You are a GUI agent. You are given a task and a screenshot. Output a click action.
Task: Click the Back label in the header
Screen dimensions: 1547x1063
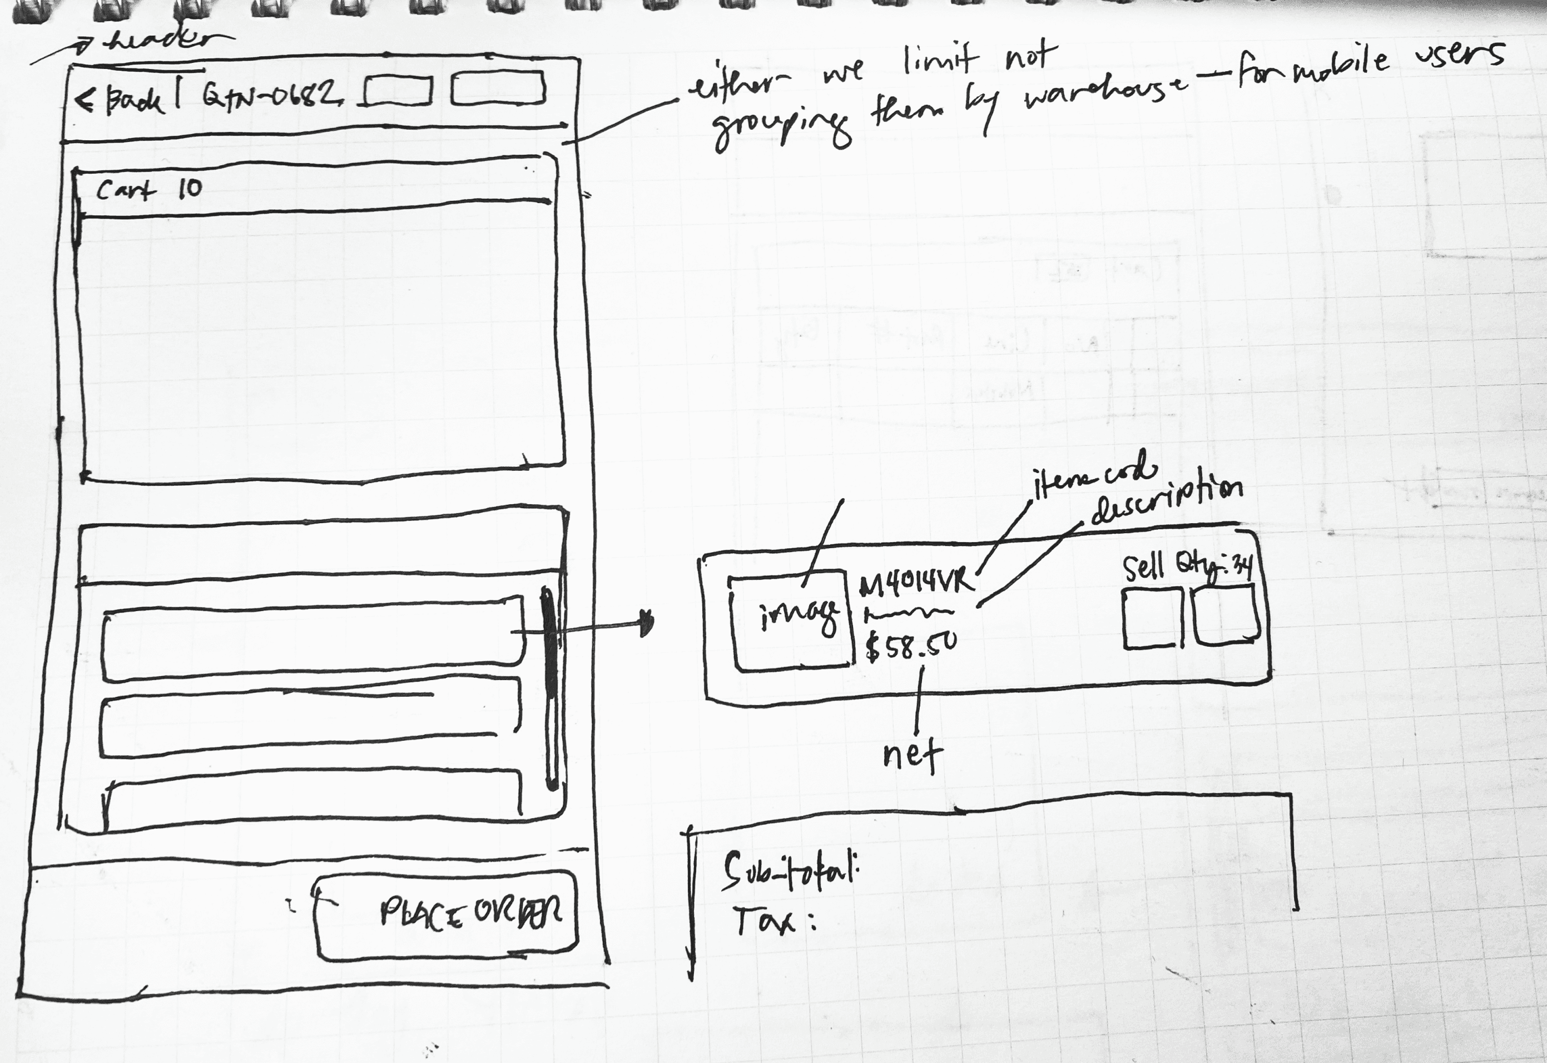[133, 101]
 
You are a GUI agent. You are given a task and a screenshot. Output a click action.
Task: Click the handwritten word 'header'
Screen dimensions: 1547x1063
[160, 42]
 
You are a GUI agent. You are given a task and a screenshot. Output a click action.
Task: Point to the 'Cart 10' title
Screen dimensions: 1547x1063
[148, 189]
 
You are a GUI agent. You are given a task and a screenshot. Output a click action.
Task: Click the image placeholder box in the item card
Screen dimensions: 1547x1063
[792, 619]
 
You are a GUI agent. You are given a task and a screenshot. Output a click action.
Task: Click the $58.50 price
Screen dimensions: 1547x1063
[911, 644]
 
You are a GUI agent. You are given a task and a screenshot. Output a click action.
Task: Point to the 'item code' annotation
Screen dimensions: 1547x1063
[1092, 476]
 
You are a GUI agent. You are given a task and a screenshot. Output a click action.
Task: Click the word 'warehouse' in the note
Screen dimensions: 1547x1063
[1105, 93]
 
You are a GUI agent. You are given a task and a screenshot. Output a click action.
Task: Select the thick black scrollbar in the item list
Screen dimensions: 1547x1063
[550, 686]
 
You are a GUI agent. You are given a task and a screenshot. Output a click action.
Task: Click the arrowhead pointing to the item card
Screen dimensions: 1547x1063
[646, 623]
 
